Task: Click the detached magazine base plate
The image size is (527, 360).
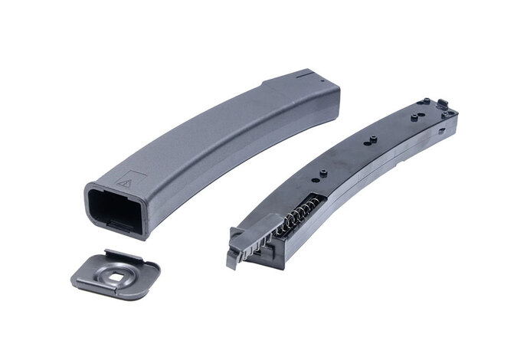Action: coord(115,272)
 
